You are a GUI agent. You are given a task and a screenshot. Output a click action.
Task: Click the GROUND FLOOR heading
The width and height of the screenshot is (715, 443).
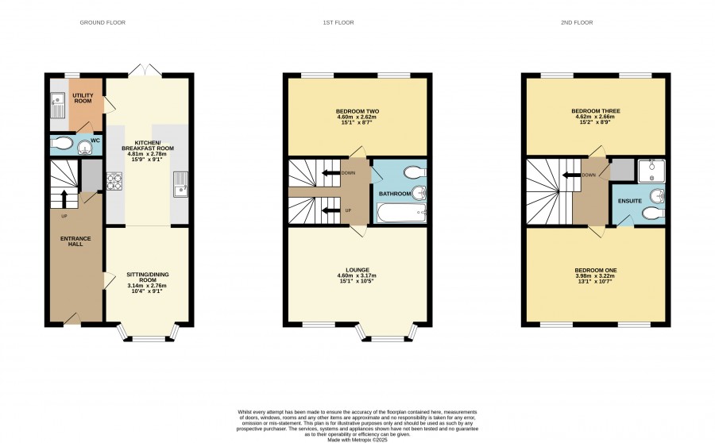102,22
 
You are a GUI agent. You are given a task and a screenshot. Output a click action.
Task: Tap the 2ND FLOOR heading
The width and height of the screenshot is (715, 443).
577,22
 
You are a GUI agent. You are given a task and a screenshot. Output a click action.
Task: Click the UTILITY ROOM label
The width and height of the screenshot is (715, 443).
83,98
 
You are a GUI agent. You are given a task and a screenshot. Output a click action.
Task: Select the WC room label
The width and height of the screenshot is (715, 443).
95,141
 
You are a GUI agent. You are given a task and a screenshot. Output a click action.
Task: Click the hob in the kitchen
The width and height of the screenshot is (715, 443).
114,181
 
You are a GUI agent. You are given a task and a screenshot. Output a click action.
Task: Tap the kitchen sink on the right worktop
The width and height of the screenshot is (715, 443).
180,184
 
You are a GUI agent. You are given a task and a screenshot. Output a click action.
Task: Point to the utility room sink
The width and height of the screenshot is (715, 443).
57,104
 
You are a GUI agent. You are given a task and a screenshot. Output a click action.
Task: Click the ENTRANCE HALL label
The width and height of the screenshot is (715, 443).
75,241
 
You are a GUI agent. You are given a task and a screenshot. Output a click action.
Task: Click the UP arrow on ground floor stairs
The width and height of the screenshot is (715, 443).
64,198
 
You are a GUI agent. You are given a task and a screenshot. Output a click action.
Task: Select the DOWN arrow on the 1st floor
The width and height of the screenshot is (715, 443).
331,173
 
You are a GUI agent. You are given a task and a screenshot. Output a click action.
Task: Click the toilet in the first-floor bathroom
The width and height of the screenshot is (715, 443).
415,172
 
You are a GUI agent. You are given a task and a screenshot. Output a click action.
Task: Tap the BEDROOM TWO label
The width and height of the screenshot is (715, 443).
357,111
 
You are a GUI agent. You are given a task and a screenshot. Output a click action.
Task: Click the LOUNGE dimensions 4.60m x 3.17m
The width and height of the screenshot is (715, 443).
357,275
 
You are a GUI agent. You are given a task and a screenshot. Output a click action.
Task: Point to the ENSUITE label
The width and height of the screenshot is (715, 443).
630,201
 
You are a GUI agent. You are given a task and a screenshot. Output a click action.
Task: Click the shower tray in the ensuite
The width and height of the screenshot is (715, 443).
651,171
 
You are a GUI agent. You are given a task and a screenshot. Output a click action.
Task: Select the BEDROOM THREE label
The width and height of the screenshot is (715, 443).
596,111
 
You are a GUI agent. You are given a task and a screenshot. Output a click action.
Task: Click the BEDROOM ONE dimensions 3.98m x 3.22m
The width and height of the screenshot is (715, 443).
596,275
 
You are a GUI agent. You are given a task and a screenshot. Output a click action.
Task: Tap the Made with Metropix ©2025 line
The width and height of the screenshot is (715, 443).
357,441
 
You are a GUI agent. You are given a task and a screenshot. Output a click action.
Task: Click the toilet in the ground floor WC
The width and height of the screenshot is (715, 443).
61,144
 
